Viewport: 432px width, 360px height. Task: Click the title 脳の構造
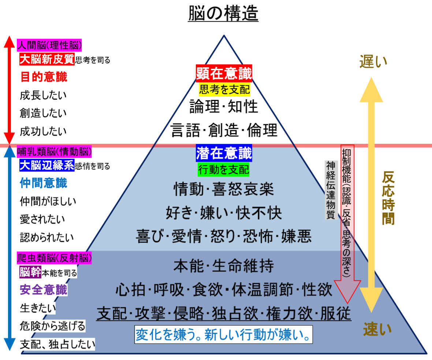pyautogui.click(x=223, y=13)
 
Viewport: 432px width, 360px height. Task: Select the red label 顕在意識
pyautogui.click(x=224, y=74)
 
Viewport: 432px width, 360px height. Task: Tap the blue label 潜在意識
pyautogui.click(x=224, y=153)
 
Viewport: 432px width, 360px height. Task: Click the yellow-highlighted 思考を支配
pyautogui.click(x=224, y=89)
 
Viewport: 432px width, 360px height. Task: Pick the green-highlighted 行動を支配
pyautogui.click(x=223, y=169)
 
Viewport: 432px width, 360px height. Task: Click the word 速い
pyautogui.click(x=377, y=329)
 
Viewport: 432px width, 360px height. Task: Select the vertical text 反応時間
pyautogui.click(x=388, y=198)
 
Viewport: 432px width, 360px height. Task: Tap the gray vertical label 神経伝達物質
pyautogui.click(x=331, y=190)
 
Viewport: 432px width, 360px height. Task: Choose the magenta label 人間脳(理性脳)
pyautogui.click(x=49, y=45)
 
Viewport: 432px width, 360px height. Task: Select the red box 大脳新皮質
pyautogui.click(x=47, y=59)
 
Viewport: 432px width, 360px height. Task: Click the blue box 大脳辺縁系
pyautogui.click(x=47, y=165)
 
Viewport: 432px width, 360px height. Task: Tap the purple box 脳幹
pyautogui.click(x=30, y=272)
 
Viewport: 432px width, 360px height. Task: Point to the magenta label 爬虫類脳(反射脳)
pyautogui.click(x=54, y=258)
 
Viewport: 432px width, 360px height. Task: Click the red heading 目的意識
pyautogui.click(x=44, y=77)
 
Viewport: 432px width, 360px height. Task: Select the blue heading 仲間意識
pyautogui.click(x=44, y=183)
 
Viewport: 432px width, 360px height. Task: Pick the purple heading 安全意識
pyautogui.click(x=44, y=290)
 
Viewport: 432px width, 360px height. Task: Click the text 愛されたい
pyautogui.click(x=42, y=220)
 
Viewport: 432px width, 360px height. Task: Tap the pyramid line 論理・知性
pyautogui.click(x=224, y=106)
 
